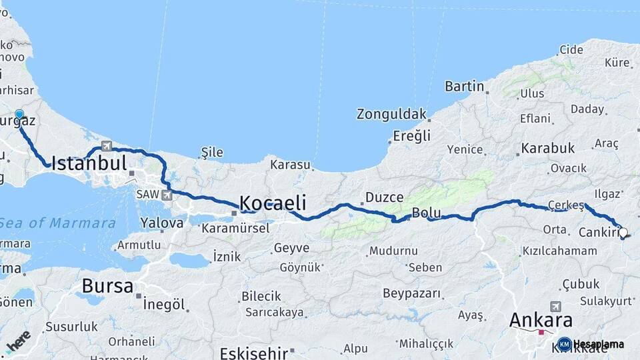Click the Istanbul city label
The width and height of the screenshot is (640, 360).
(89, 163)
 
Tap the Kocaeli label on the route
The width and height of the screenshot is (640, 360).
(272, 203)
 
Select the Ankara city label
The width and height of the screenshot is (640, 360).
(541, 319)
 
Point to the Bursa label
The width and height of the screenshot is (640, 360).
(107, 286)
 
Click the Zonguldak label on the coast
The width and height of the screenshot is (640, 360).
(391, 114)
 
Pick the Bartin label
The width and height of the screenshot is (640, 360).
(464, 86)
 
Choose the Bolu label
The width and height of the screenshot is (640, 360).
(427, 213)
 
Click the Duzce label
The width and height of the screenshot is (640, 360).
(385, 197)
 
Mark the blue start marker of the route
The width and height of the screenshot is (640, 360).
(19, 115)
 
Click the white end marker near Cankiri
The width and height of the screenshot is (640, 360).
(623, 233)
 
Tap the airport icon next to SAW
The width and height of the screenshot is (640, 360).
(166, 195)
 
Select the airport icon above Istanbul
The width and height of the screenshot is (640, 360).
(107, 145)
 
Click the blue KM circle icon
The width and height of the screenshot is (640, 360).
(565, 344)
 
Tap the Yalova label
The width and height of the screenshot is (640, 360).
(161, 222)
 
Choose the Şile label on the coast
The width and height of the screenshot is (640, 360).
(212, 153)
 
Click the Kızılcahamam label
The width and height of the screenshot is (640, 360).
(559, 251)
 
